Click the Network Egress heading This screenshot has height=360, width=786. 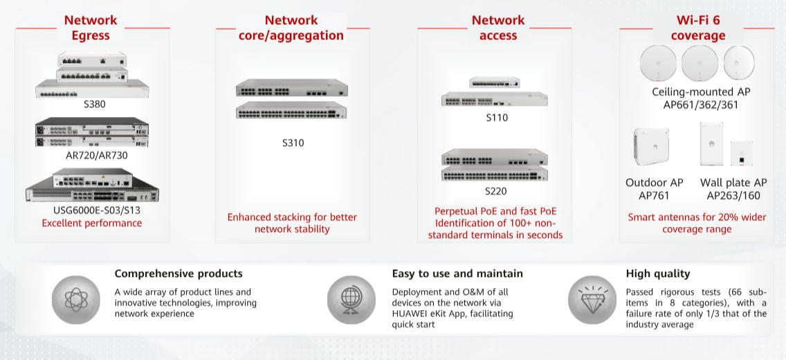click(x=91, y=28)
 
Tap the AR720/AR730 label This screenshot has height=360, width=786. click(x=91, y=155)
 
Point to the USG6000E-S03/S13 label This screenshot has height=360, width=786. click(x=91, y=210)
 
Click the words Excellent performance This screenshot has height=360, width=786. click(x=91, y=223)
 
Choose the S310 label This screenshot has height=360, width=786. click(x=293, y=143)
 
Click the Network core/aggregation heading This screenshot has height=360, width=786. click(x=291, y=28)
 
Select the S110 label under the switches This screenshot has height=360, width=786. click(x=496, y=118)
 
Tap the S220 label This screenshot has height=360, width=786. click(x=496, y=191)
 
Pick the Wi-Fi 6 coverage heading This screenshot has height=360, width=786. click(x=697, y=28)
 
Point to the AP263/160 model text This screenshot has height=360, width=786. click(x=733, y=196)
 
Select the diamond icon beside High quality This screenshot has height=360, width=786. click(x=592, y=300)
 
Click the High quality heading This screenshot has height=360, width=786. click(x=657, y=273)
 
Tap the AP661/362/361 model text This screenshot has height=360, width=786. click(x=700, y=105)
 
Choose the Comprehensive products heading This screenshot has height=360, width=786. click(x=179, y=273)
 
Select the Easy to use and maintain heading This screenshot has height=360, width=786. click(x=457, y=273)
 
